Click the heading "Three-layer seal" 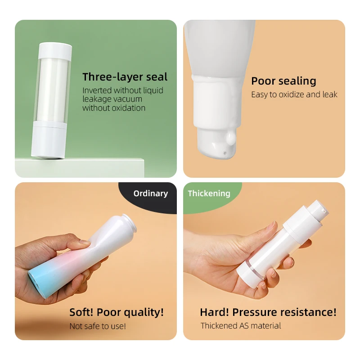[x=125, y=76]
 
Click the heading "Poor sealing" [x=283, y=81]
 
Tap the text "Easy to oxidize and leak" [x=294, y=94]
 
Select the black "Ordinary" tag [x=150, y=193]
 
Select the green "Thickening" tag [x=209, y=193]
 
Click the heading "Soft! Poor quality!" [x=117, y=312]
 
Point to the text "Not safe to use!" [x=98, y=326]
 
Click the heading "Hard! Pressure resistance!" [x=268, y=312]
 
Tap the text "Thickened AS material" [x=241, y=326]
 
